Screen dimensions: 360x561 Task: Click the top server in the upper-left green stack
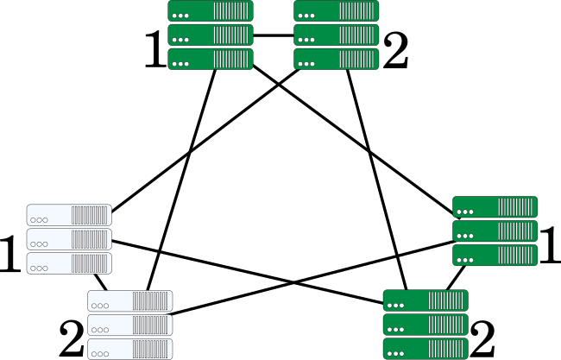(x=210, y=11)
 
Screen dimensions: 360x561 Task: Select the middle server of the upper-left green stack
(x=210, y=35)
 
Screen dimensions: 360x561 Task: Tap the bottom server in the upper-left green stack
(x=210, y=60)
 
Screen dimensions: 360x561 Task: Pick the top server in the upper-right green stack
(x=336, y=11)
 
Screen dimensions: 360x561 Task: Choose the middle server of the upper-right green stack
(x=336, y=35)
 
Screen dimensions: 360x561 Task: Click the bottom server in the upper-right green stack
(x=336, y=60)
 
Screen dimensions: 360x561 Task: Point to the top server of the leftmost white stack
(x=69, y=215)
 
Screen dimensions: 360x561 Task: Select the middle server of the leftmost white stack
(x=69, y=239)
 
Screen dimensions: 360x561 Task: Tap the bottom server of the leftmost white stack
(x=69, y=263)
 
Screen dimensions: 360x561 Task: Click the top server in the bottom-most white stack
(x=129, y=301)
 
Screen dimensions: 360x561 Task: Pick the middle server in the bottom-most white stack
(x=129, y=325)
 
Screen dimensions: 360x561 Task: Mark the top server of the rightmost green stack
(x=495, y=207)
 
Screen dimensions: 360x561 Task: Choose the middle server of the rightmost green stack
(x=495, y=231)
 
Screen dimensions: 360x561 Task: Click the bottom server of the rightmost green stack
(x=495, y=256)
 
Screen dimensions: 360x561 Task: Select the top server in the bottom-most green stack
(x=425, y=300)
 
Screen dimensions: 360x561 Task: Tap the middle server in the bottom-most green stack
(x=425, y=325)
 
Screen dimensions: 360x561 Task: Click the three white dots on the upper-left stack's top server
(x=180, y=16)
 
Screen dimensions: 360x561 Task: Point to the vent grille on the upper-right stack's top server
(x=356, y=11)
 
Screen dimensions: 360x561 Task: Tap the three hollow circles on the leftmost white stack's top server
(x=39, y=220)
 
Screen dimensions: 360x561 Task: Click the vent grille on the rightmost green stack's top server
(x=515, y=207)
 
